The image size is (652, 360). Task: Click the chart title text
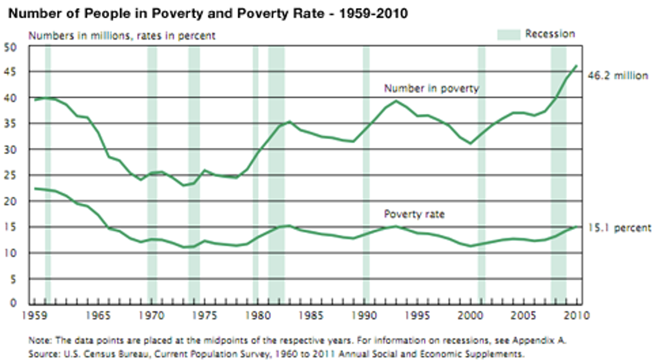(208, 14)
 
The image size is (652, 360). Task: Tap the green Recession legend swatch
(508, 34)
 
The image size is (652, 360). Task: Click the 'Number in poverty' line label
(431, 89)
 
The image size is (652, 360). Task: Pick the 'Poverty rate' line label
(414, 214)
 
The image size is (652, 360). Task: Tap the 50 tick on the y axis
(11, 47)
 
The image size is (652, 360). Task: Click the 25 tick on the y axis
(11, 176)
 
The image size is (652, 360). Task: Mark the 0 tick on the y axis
(14, 303)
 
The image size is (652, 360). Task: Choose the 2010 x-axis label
(577, 316)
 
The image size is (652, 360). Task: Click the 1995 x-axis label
(418, 316)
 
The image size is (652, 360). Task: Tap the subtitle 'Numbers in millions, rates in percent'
(122, 36)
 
